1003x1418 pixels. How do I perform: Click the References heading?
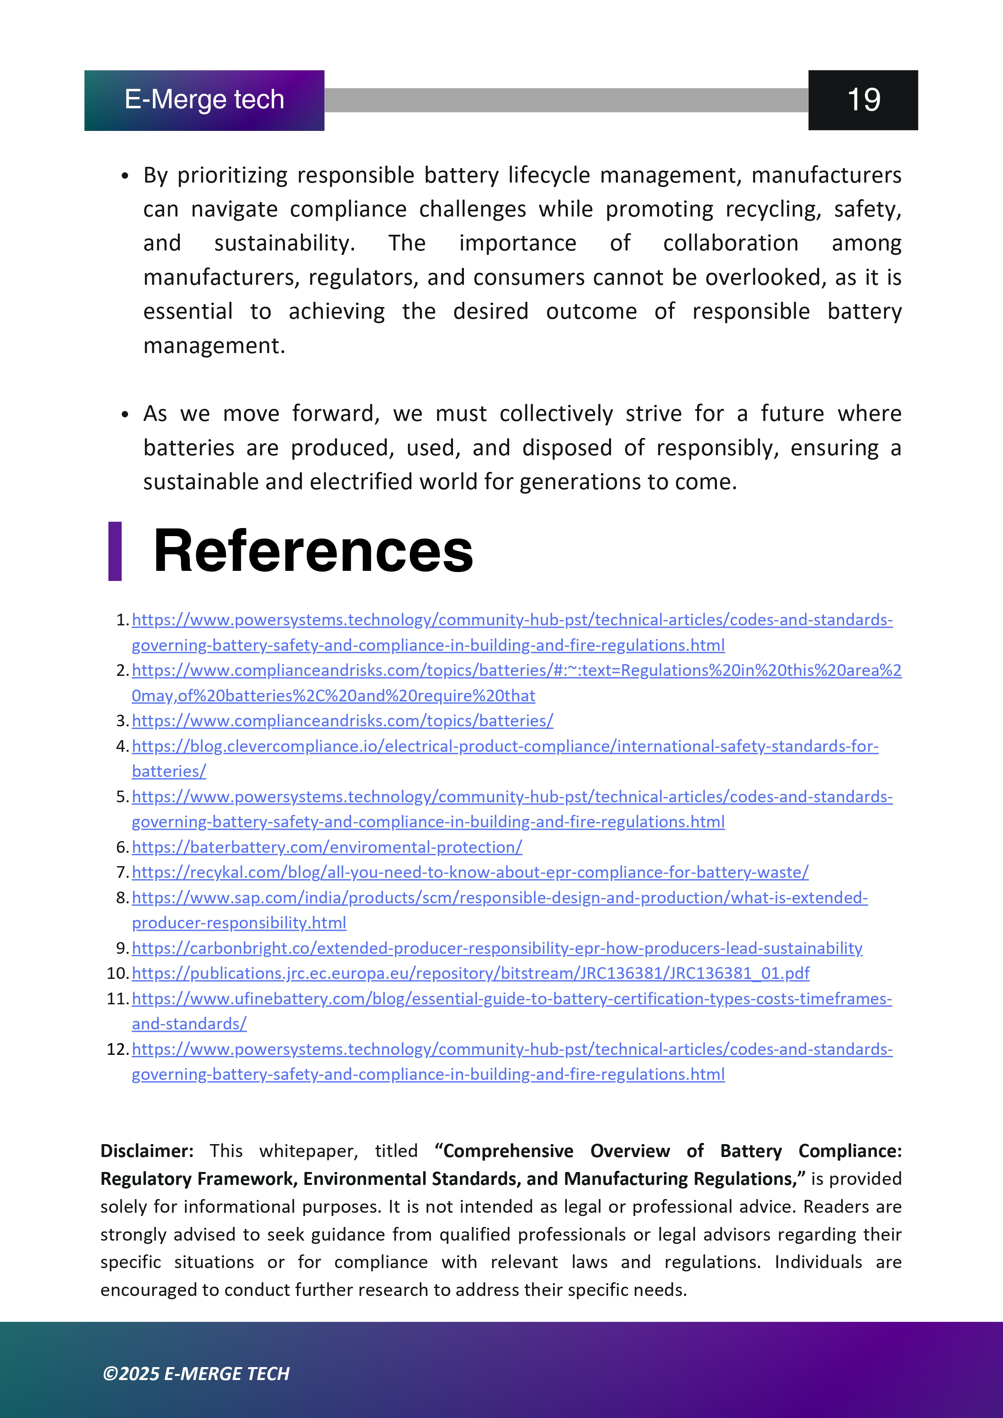click(x=313, y=551)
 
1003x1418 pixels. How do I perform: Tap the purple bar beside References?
click(x=115, y=551)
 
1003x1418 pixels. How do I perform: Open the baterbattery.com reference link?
click(x=327, y=847)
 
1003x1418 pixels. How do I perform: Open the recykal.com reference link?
click(x=470, y=872)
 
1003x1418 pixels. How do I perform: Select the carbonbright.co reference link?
click(x=497, y=948)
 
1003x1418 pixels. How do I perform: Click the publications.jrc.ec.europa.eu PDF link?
click(x=470, y=973)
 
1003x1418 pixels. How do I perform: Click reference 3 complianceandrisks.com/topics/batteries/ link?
click(x=342, y=721)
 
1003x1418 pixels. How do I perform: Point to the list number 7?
click(x=122, y=872)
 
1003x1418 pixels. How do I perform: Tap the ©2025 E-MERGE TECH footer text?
click(x=196, y=1374)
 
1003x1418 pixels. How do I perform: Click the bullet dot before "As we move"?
click(x=125, y=414)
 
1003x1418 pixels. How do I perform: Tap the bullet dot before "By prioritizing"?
click(x=125, y=177)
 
